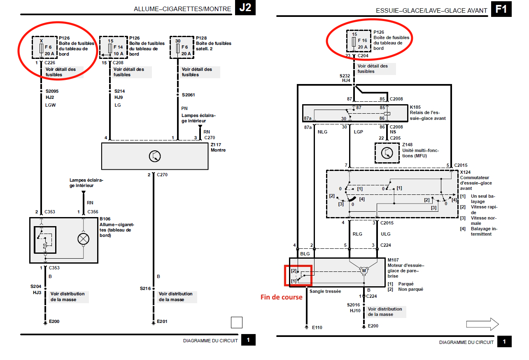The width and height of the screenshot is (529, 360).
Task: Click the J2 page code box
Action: coord(245,8)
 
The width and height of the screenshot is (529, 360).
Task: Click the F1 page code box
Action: coord(501,8)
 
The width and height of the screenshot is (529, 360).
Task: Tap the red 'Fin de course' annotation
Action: coord(281,297)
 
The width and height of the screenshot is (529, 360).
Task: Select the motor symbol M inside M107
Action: coord(364,271)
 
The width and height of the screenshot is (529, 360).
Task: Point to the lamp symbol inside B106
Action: coord(84,239)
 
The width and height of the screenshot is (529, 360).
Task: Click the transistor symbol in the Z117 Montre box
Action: coord(155,156)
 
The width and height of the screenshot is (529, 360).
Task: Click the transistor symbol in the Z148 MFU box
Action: coord(387,153)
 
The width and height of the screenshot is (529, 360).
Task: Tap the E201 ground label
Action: coord(161,322)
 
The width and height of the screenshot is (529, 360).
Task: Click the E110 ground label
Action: coord(317,327)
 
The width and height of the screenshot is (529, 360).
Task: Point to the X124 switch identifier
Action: coord(466,172)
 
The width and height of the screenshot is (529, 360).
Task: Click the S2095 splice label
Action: coord(53,91)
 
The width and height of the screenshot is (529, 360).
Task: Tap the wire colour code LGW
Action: coord(50,105)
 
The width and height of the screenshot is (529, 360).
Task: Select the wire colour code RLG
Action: coord(357,234)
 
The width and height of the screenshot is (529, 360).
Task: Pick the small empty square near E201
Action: coord(237,322)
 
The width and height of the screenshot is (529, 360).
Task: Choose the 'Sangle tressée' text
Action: coord(325,291)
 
